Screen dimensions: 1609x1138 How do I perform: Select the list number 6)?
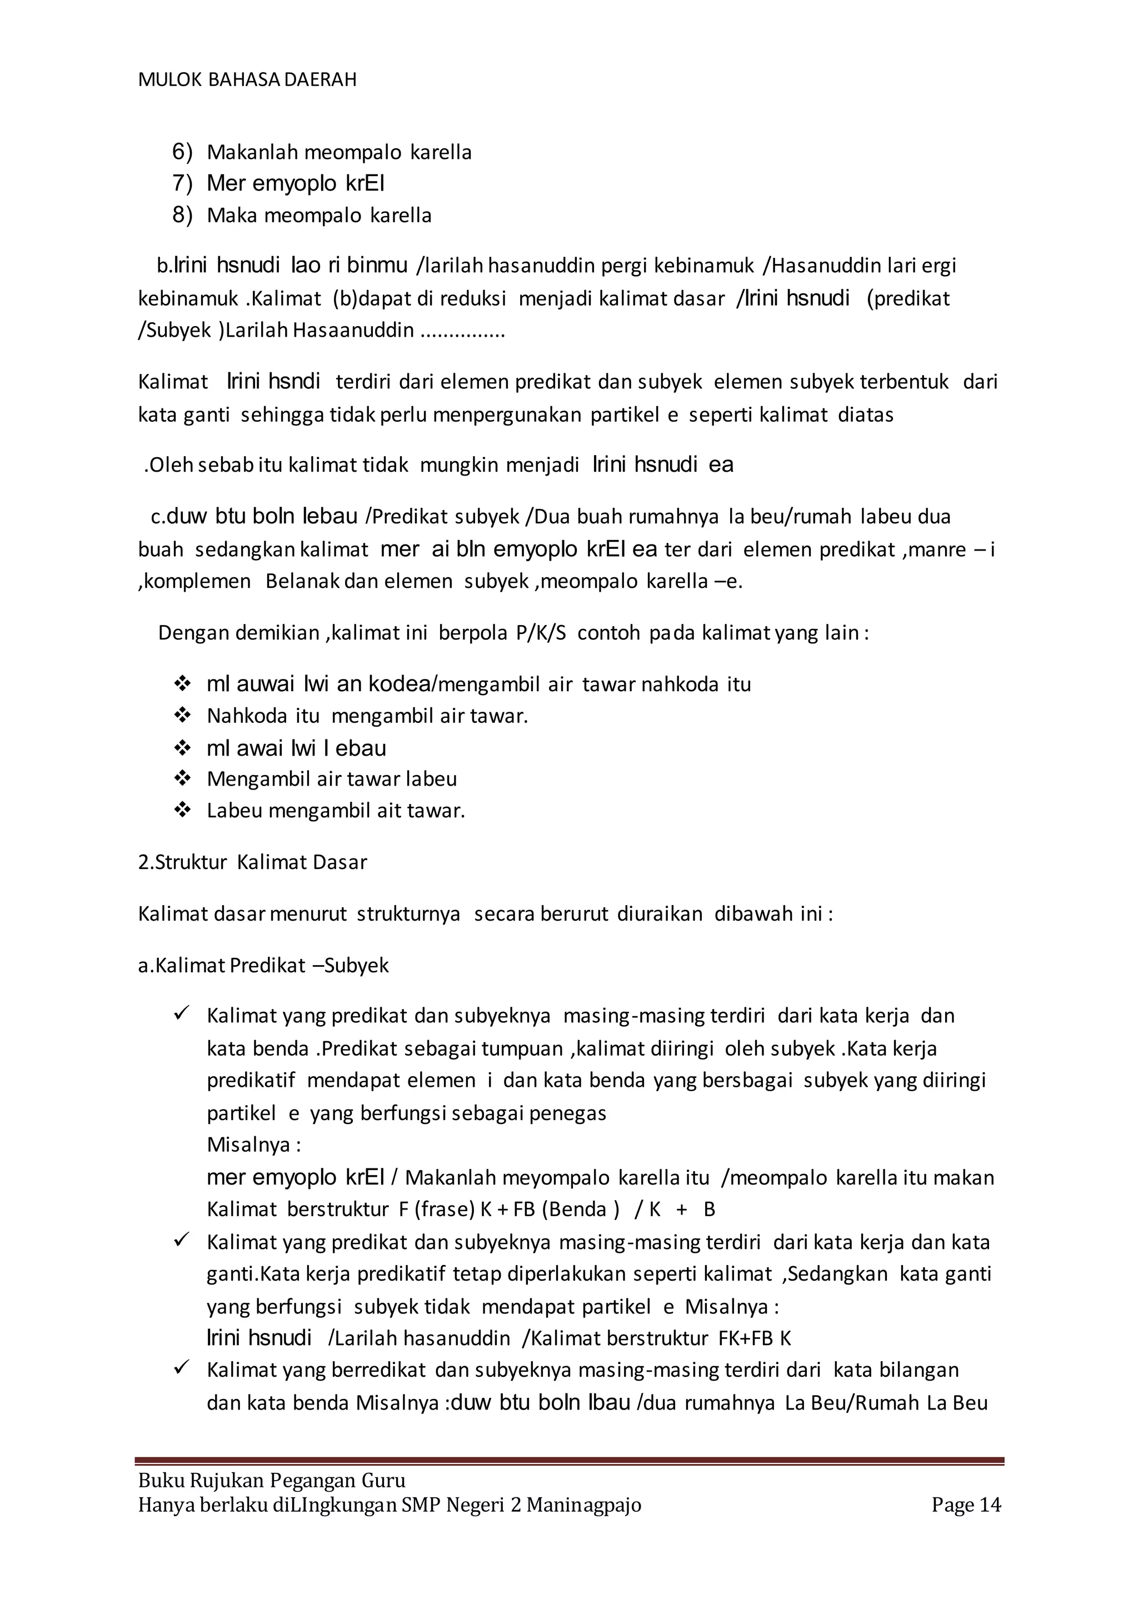click(182, 152)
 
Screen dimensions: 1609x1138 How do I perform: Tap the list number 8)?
click(182, 215)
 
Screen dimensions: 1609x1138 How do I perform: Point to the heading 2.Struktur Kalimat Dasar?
click(252, 862)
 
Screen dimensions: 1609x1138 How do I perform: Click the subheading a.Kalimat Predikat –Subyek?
click(263, 965)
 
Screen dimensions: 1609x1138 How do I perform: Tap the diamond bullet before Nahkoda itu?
click(182, 716)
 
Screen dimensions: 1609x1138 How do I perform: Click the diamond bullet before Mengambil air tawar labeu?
click(182, 778)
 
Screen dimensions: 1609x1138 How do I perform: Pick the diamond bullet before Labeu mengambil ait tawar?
click(182, 811)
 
